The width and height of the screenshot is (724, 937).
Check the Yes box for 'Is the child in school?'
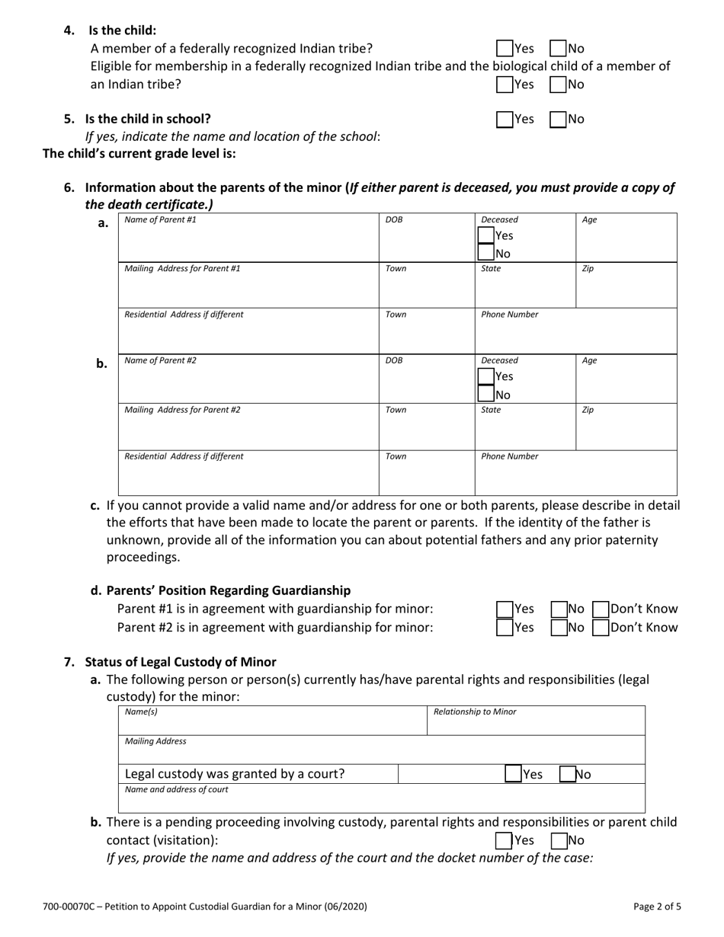pyautogui.click(x=505, y=119)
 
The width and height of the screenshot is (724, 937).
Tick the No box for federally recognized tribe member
pyautogui.click(x=558, y=49)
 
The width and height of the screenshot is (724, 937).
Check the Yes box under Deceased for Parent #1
pyautogui.click(x=486, y=235)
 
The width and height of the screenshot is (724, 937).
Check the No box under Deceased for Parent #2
pyautogui.click(x=486, y=395)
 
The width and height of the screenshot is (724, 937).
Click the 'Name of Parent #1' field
pyautogui.click(x=248, y=242)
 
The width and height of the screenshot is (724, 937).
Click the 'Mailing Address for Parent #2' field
pyautogui.click(x=248, y=430)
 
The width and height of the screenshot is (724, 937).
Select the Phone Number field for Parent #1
pyautogui.click(x=575, y=334)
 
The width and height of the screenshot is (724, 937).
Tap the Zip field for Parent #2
pyautogui.click(x=626, y=430)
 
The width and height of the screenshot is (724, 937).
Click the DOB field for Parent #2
pyautogui.click(x=427, y=383)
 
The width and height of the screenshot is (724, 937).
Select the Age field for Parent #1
pyautogui.click(x=626, y=242)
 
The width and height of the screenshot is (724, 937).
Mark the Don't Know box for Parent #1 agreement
pyautogui.click(x=601, y=609)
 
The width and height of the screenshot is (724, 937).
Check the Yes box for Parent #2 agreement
pyautogui.click(x=505, y=628)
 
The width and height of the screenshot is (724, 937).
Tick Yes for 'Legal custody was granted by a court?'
pyautogui.click(x=514, y=774)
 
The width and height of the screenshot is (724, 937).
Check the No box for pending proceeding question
pyautogui.click(x=558, y=840)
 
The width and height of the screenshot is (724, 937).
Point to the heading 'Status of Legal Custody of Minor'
pyautogui.click(x=181, y=662)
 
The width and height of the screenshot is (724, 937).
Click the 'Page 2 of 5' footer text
pyautogui.click(x=657, y=907)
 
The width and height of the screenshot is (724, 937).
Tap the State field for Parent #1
pyautogui.click(x=524, y=289)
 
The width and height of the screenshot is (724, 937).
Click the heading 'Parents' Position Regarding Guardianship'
pyautogui.click(x=229, y=590)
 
